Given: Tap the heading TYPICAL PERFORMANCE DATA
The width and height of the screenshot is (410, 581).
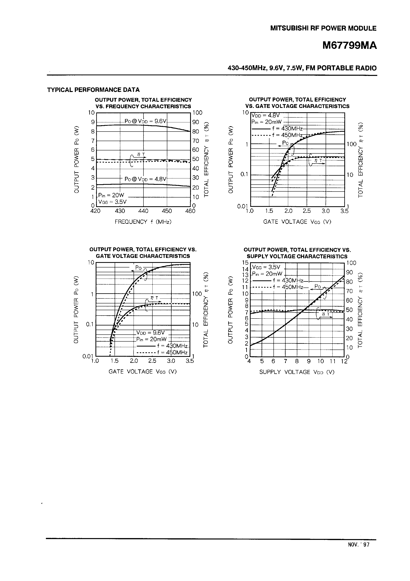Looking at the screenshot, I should coord(93,90).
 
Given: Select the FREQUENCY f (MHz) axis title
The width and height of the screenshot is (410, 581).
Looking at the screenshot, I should coord(143,222).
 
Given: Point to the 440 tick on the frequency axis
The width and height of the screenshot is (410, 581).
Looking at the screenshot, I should coord(143,211).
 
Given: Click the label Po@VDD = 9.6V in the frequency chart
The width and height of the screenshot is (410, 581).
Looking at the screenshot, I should coord(145,121).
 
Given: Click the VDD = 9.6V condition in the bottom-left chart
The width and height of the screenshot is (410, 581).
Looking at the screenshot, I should coord(150,332).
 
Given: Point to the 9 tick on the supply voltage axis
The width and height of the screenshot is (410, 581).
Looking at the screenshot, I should coord(309,361).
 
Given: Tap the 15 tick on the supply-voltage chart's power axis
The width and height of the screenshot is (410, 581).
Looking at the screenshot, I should coord(245,263).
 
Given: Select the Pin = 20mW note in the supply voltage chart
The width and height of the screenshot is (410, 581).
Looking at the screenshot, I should coord(267,274).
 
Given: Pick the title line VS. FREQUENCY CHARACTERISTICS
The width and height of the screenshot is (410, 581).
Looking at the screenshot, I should coord(143,107).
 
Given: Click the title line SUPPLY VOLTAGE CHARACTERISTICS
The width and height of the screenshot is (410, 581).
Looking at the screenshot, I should coord(297,256).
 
